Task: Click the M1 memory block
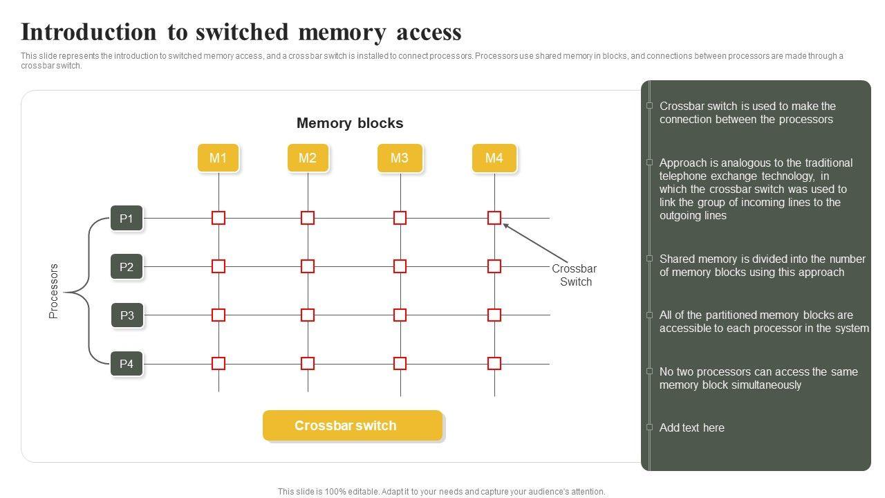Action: pyautogui.click(x=218, y=158)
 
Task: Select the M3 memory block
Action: pyautogui.click(x=400, y=158)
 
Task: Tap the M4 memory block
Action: pyautogui.click(x=494, y=158)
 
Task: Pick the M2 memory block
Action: pyautogui.click(x=308, y=158)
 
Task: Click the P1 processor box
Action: pyautogui.click(x=127, y=219)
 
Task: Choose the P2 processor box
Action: pyautogui.click(x=127, y=266)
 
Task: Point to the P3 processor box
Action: pyautogui.click(x=127, y=315)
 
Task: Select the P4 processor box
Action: pyautogui.click(x=127, y=364)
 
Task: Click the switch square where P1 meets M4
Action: pyautogui.click(x=494, y=218)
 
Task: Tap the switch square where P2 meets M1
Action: pyautogui.click(x=218, y=266)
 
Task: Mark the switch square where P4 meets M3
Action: pyautogui.click(x=400, y=363)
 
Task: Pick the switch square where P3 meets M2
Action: pyautogui.click(x=308, y=315)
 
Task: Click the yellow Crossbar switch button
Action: pyautogui.click(x=353, y=425)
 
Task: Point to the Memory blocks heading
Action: pyautogui.click(x=350, y=123)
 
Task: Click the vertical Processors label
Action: pyautogui.click(x=54, y=291)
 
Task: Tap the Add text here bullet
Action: pyautogui.click(x=691, y=427)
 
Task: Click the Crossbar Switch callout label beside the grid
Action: pyautogui.click(x=575, y=275)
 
